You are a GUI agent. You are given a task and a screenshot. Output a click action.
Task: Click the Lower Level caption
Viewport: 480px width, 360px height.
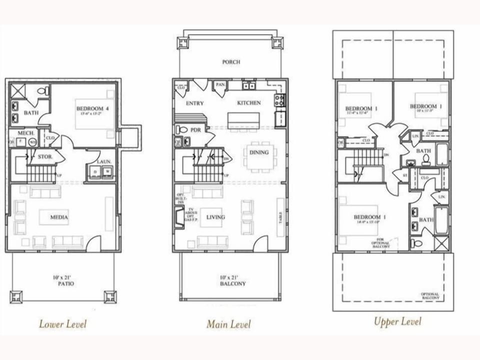pyautogui.click(x=62, y=324)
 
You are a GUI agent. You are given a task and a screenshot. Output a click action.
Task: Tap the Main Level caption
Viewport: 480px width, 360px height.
pyautogui.click(x=228, y=324)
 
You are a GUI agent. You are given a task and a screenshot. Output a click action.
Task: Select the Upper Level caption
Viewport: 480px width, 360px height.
pyautogui.click(x=397, y=321)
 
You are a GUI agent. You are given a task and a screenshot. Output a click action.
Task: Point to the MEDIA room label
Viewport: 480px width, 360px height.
pyautogui.click(x=58, y=217)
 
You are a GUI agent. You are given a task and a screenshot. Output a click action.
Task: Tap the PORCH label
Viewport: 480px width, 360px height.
pyautogui.click(x=231, y=62)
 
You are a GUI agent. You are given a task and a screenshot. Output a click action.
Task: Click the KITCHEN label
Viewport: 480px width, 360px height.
pyautogui.click(x=248, y=102)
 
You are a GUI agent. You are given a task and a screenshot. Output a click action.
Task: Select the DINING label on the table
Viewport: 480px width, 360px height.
pyautogui.click(x=258, y=152)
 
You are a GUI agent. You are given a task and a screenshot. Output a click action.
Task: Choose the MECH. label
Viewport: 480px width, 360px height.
pyautogui.click(x=25, y=133)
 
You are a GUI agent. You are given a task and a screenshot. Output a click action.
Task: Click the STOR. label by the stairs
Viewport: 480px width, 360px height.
pyautogui.click(x=45, y=157)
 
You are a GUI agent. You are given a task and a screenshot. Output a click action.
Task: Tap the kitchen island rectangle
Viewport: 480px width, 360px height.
pyautogui.click(x=243, y=120)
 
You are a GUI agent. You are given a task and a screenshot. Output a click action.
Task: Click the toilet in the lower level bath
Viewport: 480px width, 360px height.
pyautogui.click(x=43, y=91)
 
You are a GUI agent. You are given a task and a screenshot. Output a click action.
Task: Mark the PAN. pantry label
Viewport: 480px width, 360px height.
pyautogui.click(x=220, y=85)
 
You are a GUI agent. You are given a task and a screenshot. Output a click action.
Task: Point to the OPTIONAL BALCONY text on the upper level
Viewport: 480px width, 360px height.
pyautogui.click(x=430, y=296)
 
